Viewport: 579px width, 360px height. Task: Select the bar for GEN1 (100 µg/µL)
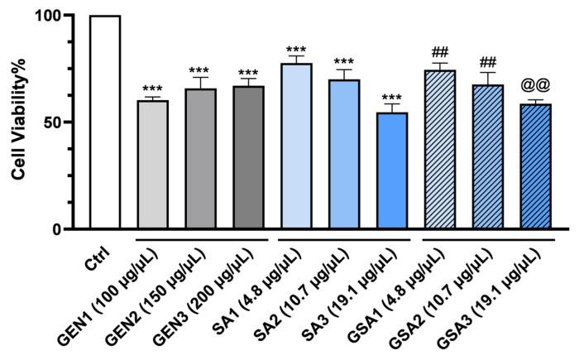[x=153, y=165]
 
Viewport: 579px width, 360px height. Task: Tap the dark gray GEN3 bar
[x=248, y=158]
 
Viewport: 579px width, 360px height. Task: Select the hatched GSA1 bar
[x=440, y=150]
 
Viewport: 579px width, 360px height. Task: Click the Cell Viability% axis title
[x=18, y=122]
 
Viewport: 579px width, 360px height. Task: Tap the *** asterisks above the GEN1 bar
[x=153, y=89]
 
